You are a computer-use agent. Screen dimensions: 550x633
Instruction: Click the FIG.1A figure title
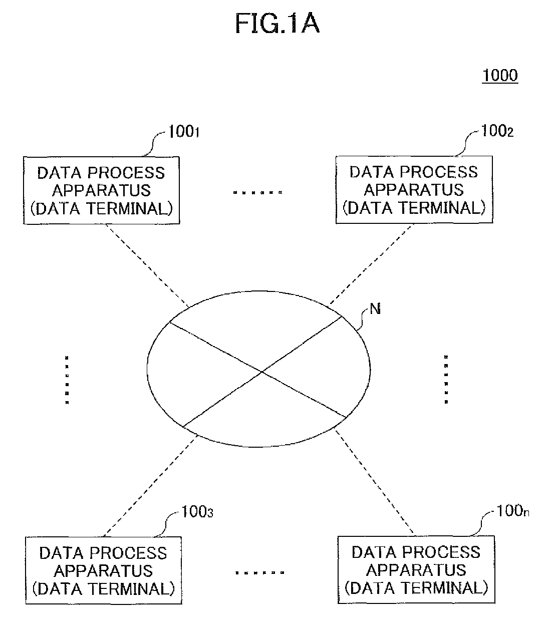[x=277, y=24]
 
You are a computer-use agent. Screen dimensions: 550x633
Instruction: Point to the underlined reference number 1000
[x=500, y=76]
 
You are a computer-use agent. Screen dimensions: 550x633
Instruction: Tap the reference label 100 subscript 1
[x=184, y=132]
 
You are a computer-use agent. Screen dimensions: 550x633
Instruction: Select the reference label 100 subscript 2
[x=497, y=131]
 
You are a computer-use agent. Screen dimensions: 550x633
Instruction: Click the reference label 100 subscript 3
[x=197, y=512]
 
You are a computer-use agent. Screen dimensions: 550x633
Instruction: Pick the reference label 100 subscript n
[x=513, y=511]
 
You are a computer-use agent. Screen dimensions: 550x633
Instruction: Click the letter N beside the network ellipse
[x=375, y=309]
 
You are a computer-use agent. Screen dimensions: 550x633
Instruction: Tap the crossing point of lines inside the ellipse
[x=262, y=372]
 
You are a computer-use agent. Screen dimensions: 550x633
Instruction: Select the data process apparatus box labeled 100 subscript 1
[x=102, y=190]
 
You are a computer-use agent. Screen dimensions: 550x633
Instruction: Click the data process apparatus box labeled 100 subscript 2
[x=414, y=190]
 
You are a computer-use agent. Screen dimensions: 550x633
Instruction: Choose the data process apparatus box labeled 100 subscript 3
[x=104, y=570]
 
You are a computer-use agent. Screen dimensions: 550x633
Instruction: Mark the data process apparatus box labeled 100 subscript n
[x=416, y=569]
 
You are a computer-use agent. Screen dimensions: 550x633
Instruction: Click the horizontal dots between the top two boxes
[x=257, y=192]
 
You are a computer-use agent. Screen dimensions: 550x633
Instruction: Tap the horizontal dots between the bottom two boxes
[x=260, y=573]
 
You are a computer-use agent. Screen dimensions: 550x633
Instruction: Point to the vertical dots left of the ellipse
[x=67, y=380]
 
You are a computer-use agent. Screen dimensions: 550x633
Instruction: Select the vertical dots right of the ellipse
[x=446, y=379]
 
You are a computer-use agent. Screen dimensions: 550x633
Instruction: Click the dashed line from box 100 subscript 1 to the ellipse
[x=147, y=265]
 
